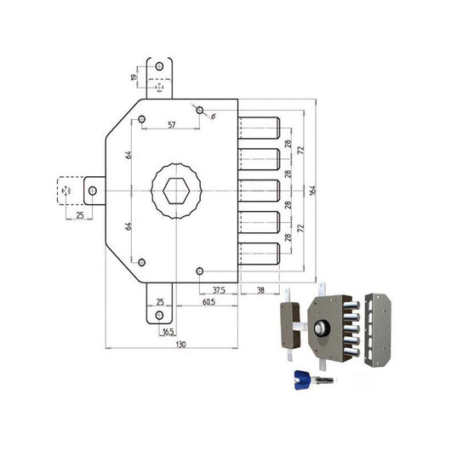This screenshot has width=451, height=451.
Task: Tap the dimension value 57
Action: [x=171, y=125]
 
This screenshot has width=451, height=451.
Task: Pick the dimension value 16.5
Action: [x=169, y=331]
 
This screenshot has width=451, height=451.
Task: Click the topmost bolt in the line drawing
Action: [x=260, y=128]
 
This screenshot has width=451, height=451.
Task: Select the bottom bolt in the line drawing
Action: [x=260, y=252]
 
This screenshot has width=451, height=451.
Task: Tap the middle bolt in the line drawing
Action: [x=260, y=190]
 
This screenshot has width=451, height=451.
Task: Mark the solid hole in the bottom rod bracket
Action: [x=159, y=316]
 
